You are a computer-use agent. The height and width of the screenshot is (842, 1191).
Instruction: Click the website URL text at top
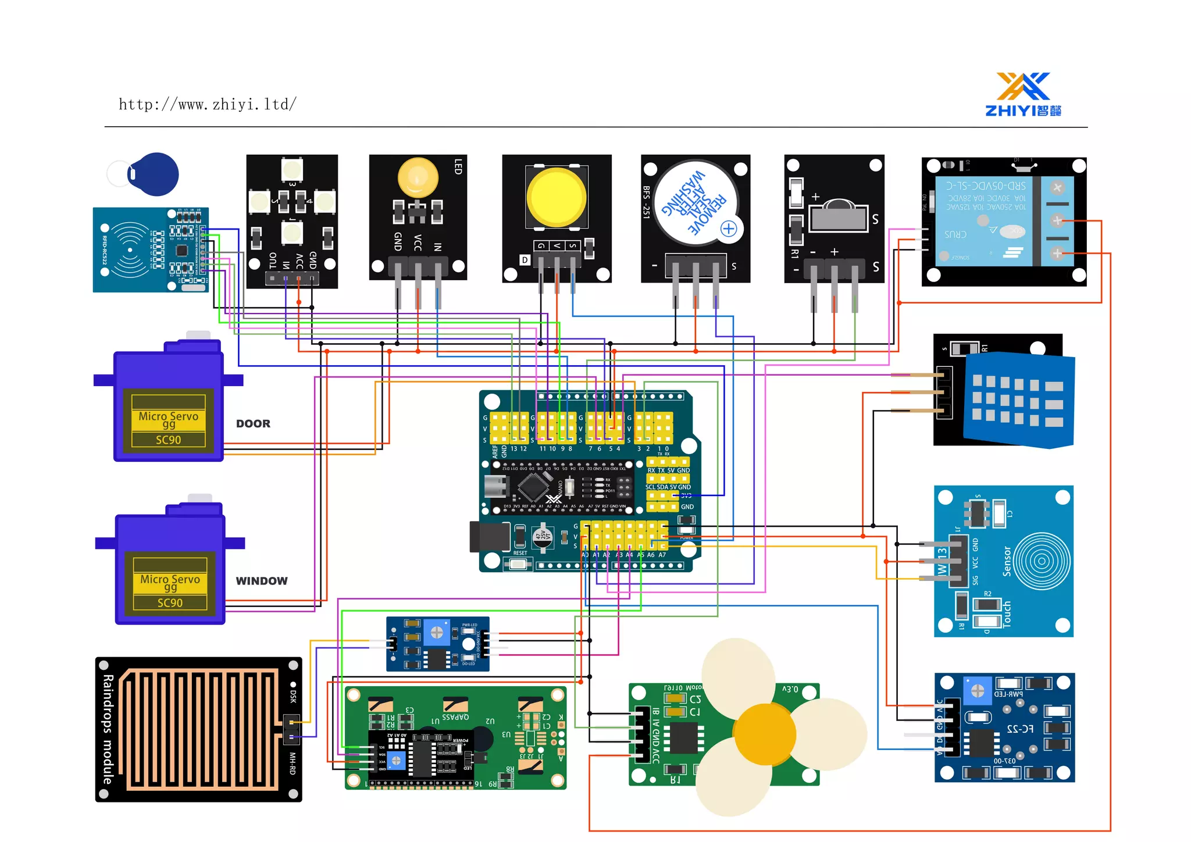tap(208, 105)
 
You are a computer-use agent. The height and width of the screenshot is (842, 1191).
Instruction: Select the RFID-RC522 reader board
tap(150, 250)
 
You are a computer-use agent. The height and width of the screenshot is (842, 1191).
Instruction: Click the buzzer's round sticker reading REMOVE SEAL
tap(695, 203)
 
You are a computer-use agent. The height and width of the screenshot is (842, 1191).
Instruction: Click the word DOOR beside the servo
tap(253, 424)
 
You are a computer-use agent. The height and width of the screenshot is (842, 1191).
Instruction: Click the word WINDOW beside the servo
tap(262, 581)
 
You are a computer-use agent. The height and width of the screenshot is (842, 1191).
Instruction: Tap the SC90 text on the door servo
tap(168, 440)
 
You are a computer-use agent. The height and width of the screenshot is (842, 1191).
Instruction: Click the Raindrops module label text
tap(108, 729)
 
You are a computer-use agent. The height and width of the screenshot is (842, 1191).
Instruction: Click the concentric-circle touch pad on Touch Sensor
tap(1041, 561)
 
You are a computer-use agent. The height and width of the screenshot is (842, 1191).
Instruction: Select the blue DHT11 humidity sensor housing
tap(1018, 401)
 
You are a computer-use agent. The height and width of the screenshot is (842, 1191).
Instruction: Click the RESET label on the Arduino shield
tap(520, 553)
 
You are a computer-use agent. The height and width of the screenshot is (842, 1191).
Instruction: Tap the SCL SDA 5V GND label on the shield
tap(668, 487)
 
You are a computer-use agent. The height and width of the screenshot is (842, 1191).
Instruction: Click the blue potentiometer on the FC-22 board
tap(978, 691)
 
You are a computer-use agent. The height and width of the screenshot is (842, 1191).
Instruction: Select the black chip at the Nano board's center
tap(533, 486)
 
